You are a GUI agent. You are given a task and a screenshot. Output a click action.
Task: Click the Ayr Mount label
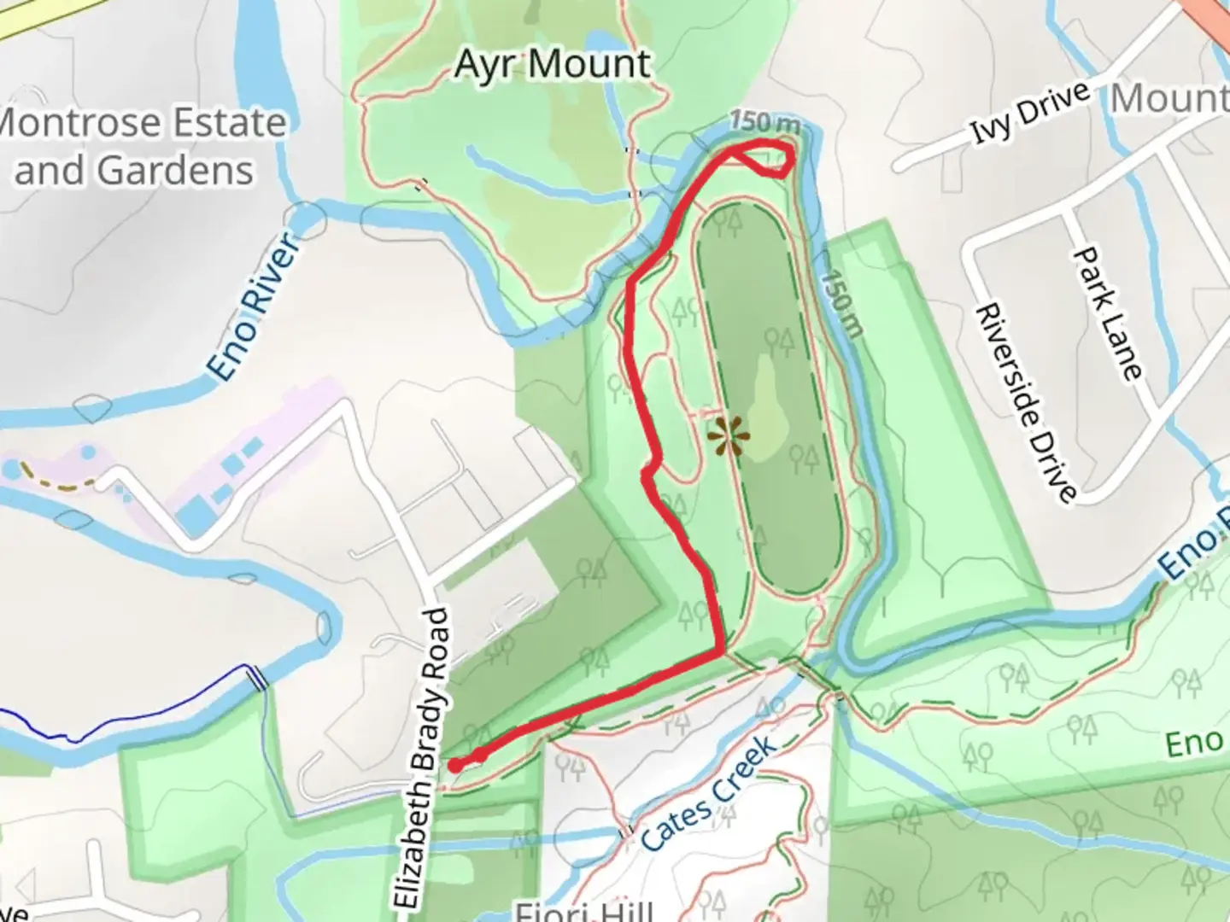click(x=553, y=65)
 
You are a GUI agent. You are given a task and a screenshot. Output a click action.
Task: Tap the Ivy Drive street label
click(x=1030, y=111)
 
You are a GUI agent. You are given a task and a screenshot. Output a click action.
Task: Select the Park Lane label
click(x=1107, y=313)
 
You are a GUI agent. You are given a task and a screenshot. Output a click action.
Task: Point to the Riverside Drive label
click(x=1025, y=402)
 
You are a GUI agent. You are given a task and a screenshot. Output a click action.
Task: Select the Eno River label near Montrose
click(x=254, y=306)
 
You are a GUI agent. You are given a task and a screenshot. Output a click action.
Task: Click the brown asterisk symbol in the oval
click(x=729, y=436)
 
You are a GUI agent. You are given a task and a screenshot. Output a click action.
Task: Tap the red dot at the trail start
click(x=456, y=766)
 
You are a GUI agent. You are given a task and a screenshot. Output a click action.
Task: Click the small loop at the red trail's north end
click(x=763, y=157)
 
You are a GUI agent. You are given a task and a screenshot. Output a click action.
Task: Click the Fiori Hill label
click(x=584, y=911)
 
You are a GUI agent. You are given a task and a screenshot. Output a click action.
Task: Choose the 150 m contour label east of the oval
click(x=842, y=303)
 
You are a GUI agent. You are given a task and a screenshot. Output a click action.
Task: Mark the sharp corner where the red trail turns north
click(x=723, y=654)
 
